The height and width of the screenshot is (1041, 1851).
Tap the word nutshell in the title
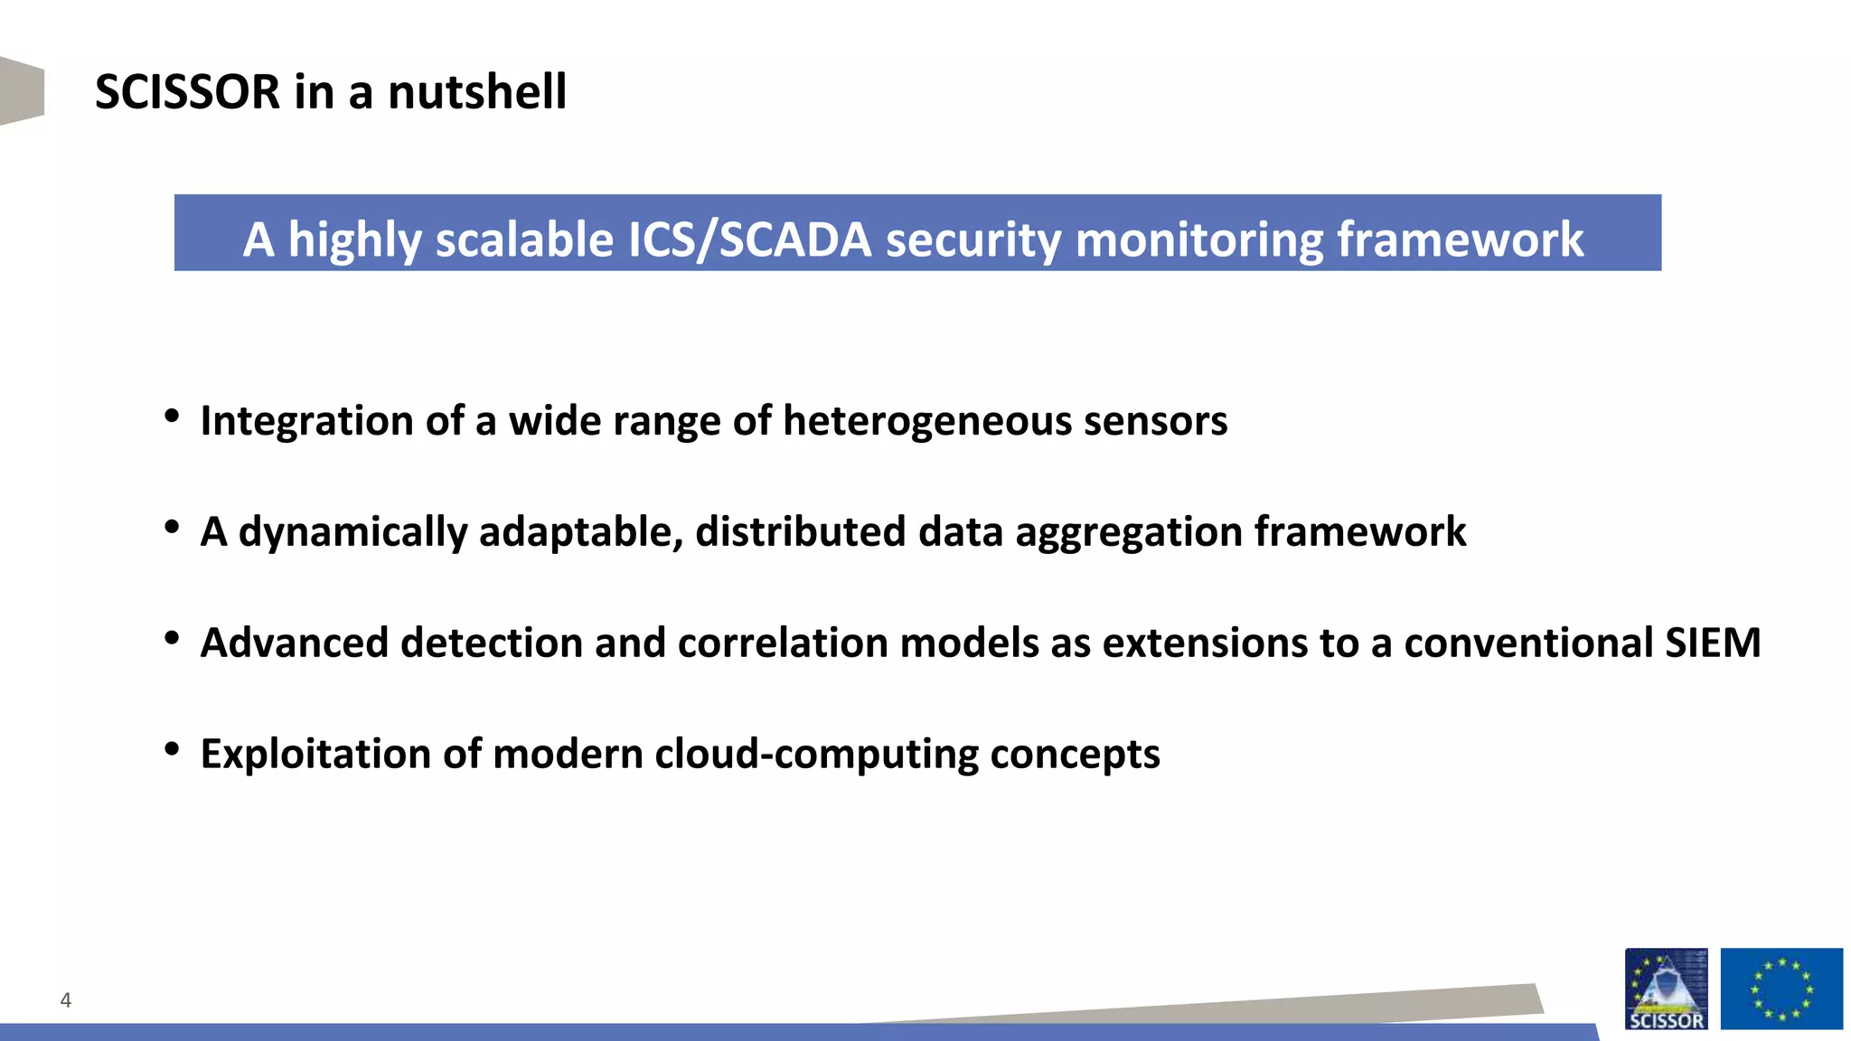click(x=477, y=92)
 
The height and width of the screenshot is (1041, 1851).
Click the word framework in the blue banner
click(x=1460, y=239)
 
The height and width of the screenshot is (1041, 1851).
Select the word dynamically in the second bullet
click(x=352, y=532)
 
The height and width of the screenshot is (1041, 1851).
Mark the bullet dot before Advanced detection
click(x=172, y=638)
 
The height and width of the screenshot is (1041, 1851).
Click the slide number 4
click(x=65, y=999)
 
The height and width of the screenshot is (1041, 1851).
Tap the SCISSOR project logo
click(x=1666, y=989)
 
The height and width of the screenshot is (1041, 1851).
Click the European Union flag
click(x=1781, y=989)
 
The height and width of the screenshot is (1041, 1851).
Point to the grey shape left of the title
click(x=22, y=90)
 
